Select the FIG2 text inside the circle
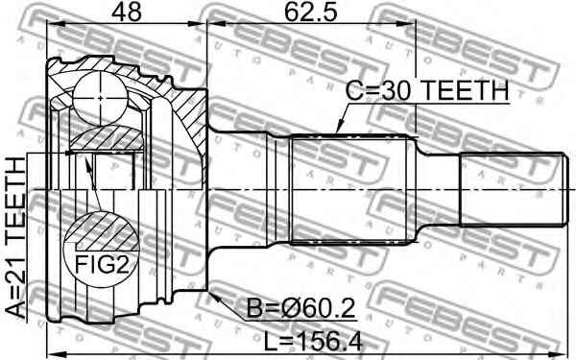tap(99, 262)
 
